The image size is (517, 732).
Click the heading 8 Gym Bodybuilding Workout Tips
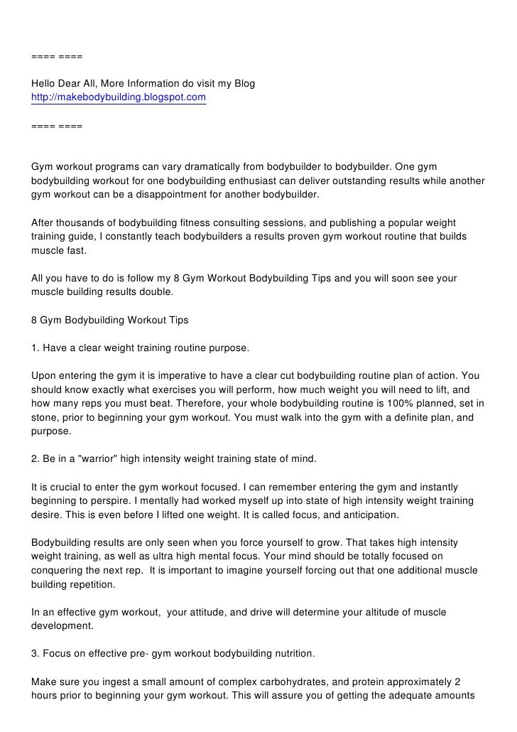point(110,320)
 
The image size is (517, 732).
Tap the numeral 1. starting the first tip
point(36,348)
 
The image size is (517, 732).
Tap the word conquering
point(61,570)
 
